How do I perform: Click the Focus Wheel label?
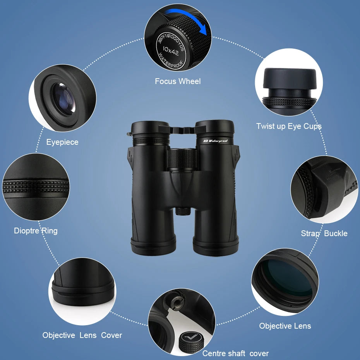point(178,81)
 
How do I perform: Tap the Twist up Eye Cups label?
point(289,126)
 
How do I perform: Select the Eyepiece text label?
point(62,142)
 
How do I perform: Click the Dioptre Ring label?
point(36,231)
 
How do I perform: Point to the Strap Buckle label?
point(324,233)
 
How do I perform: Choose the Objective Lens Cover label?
point(82,335)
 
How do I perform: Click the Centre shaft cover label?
point(235,353)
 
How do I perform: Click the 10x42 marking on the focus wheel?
point(171,49)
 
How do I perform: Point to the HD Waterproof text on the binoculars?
point(216,141)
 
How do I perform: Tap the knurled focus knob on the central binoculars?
point(182,159)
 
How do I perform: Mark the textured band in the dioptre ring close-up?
point(36,185)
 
